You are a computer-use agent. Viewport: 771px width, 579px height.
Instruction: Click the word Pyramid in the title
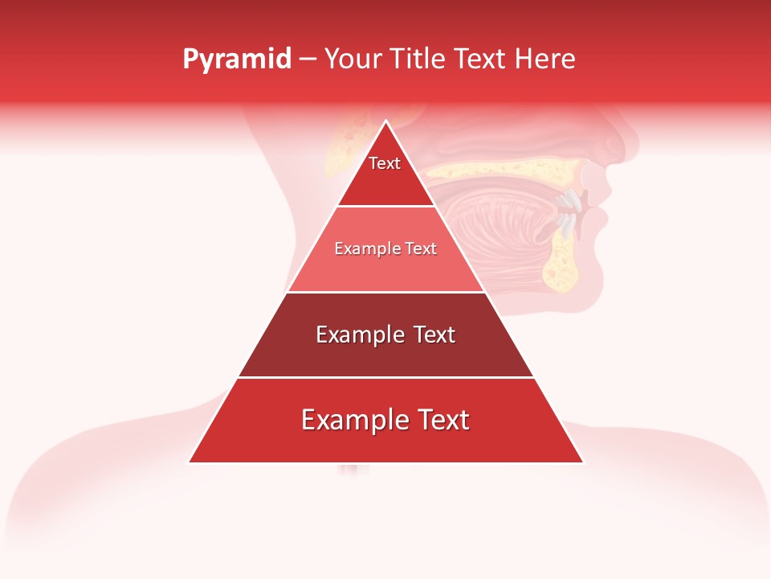click(x=236, y=60)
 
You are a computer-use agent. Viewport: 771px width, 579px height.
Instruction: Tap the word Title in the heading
click(x=418, y=60)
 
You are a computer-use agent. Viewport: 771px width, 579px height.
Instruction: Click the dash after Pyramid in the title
click(x=307, y=60)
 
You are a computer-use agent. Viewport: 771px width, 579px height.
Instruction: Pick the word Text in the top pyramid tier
click(x=385, y=163)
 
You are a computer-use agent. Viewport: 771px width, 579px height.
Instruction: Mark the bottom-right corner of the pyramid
click(x=582, y=462)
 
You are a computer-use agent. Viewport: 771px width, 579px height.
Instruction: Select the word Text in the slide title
click(x=482, y=60)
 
